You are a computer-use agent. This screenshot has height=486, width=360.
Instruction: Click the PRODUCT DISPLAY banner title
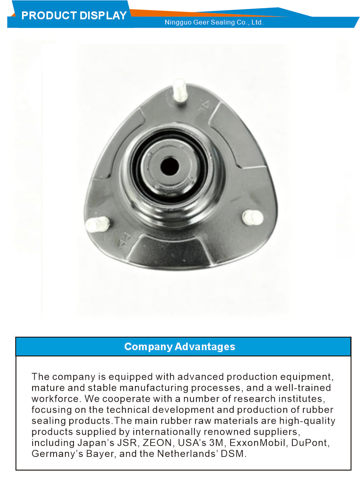pos(74,16)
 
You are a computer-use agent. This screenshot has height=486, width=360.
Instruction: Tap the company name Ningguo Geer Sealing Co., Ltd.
pos(214,22)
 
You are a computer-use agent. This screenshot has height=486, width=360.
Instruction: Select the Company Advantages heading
pos(179,347)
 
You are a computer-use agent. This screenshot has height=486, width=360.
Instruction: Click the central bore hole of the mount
pos(169,166)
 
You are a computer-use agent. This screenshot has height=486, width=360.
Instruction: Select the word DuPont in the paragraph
pos(309,443)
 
